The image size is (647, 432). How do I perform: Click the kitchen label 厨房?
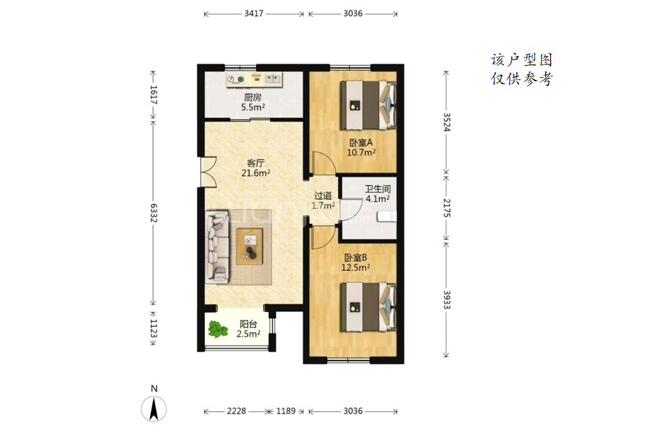253,97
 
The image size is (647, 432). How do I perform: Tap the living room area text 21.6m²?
255,173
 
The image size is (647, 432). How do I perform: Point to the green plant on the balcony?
218,330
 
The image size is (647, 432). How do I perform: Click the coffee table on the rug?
249,246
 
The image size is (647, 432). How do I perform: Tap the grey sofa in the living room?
218,247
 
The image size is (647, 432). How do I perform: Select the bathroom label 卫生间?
378,189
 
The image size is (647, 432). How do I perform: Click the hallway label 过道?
323,196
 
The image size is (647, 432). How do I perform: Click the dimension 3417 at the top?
254,13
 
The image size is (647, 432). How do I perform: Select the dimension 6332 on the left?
153,212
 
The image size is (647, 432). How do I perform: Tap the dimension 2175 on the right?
446,208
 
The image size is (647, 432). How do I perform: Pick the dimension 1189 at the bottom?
286,411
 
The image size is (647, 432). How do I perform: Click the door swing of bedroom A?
323,163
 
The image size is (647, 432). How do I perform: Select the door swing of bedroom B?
323,238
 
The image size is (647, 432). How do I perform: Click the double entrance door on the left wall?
208,172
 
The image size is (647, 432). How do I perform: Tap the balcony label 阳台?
248,325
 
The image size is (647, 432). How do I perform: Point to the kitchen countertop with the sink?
254,79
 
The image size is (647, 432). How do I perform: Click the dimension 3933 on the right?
446,299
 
